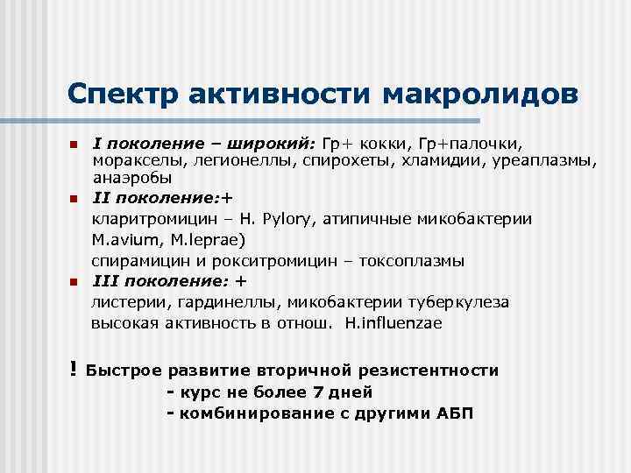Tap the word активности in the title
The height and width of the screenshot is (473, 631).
(x=279, y=93)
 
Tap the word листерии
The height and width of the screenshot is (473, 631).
(x=124, y=302)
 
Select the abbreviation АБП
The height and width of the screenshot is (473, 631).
(x=454, y=413)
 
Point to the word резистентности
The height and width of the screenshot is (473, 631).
(x=429, y=371)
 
